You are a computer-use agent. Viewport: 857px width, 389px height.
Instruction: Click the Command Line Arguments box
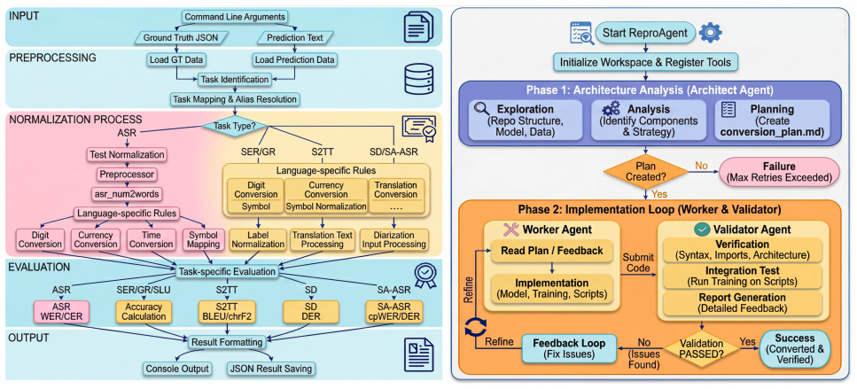(x=235, y=18)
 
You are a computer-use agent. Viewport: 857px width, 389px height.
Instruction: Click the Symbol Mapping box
(x=203, y=238)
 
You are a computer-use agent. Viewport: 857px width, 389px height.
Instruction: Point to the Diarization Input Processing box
(x=394, y=238)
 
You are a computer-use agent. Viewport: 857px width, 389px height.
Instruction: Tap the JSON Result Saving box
(x=271, y=369)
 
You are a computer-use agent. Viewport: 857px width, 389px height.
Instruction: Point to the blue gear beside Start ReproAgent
(x=710, y=33)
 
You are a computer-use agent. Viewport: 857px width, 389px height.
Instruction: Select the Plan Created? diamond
(x=645, y=173)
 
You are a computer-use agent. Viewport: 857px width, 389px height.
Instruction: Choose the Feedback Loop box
(x=570, y=347)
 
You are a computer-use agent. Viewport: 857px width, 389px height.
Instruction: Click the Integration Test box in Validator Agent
(x=742, y=276)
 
